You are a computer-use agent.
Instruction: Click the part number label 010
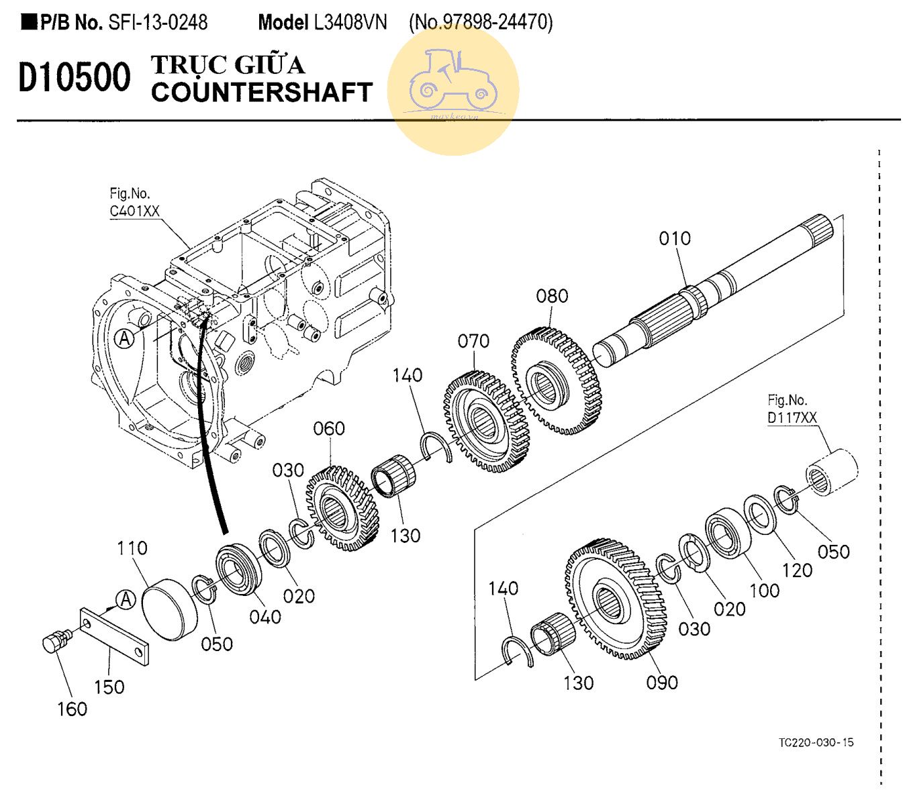(x=675, y=238)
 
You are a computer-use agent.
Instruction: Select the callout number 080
(x=552, y=296)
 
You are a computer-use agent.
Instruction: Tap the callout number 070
(x=473, y=341)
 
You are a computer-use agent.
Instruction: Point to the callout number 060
(x=329, y=429)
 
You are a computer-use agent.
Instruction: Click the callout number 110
(x=132, y=548)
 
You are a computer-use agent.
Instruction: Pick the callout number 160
(x=73, y=709)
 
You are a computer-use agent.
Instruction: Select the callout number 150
(x=109, y=687)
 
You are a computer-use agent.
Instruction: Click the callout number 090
(x=662, y=683)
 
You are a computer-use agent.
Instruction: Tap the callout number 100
(x=765, y=591)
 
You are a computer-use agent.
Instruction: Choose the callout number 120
(x=798, y=570)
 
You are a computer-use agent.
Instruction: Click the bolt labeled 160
(x=57, y=641)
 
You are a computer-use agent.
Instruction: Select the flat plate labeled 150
(x=114, y=637)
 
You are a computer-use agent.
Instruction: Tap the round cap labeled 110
(x=169, y=609)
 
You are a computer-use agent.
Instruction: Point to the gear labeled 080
(x=556, y=381)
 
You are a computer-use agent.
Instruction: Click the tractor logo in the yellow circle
(x=453, y=81)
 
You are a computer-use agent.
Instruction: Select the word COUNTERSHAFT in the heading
(x=262, y=92)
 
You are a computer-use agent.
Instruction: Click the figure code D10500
(x=75, y=77)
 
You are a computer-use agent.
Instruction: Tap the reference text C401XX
(x=134, y=211)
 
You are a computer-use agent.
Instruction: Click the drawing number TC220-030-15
(x=816, y=742)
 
